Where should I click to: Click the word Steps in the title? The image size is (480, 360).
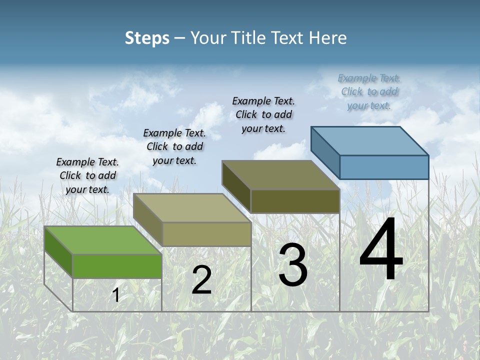[x=147, y=38]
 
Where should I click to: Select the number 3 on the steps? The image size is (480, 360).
[x=293, y=265]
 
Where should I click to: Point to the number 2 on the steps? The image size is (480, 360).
[x=202, y=280]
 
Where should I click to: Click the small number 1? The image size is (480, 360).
[x=116, y=295]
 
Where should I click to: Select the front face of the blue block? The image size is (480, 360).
[x=384, y=167]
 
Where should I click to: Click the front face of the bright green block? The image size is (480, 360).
[x=117, y=266]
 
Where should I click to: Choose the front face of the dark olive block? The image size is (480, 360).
[x=295, y=201]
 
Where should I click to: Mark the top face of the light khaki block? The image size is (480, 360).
[x=192, y=208]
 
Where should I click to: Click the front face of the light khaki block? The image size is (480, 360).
[x=206, y=234]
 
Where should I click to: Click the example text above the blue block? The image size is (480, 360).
[x=369, y=91]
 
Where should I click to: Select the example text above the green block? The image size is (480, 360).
[x=87, y=175]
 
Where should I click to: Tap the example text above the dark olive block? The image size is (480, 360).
[x=263, y=114]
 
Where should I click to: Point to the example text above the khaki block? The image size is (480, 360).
[x=174, y=146]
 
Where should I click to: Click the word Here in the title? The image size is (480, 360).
[x=328, y=38]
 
